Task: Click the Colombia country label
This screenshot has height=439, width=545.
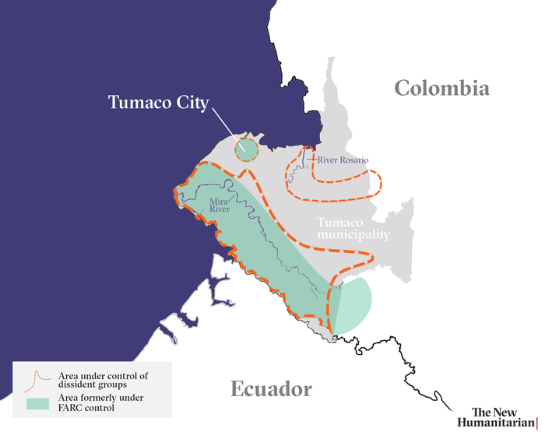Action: (441, 88)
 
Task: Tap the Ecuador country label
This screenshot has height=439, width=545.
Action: (271, 389)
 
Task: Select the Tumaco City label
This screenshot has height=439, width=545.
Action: (158, 104)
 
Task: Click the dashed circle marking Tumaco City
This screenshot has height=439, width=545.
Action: (246, 149)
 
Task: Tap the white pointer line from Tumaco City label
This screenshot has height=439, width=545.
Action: (226, 126)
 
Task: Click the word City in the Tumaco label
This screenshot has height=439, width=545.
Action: (191, 104)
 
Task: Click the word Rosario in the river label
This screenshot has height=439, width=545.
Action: (352, 160)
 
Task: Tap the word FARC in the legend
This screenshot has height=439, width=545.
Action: (71, 408)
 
